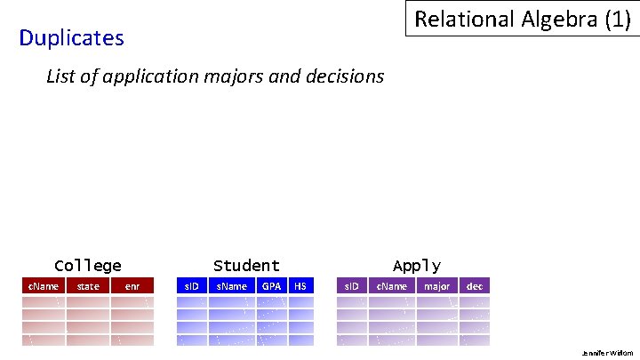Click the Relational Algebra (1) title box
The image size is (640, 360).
522,19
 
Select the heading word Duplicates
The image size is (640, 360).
71,38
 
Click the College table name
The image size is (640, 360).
88,266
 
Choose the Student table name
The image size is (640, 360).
246,266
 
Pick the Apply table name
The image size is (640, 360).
416,266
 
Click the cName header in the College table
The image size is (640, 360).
44,286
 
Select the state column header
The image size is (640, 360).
88,286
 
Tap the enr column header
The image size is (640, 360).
132,286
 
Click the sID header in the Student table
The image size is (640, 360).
190,286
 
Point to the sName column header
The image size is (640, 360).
232,286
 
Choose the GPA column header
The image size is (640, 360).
271,286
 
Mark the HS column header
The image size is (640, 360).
300,286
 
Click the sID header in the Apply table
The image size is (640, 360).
351,286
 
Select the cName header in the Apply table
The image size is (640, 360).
392,286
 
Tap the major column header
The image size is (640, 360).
436,286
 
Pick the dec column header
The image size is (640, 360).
475,286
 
